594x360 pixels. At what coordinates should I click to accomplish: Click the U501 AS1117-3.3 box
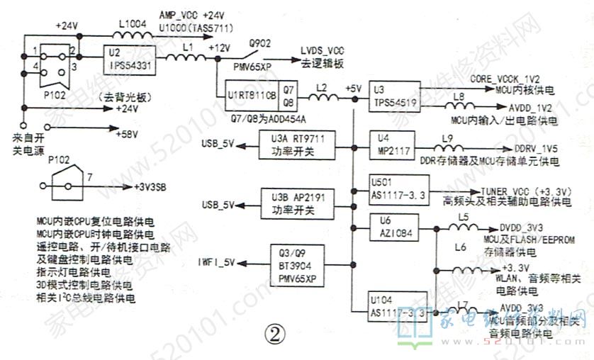399,186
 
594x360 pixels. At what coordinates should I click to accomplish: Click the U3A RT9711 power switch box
297,145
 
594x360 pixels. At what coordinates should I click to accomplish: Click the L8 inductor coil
460,106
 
